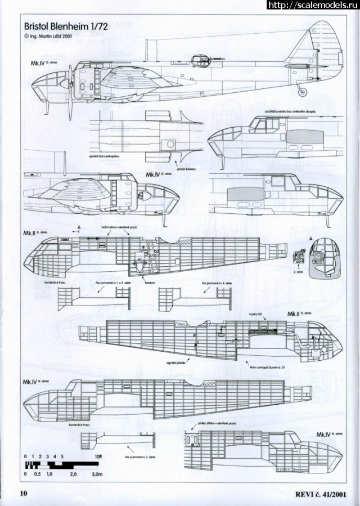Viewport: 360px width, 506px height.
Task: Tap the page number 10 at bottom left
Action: coord(24,495)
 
